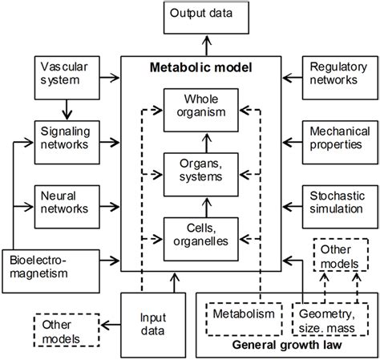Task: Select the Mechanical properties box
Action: (333, 137)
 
